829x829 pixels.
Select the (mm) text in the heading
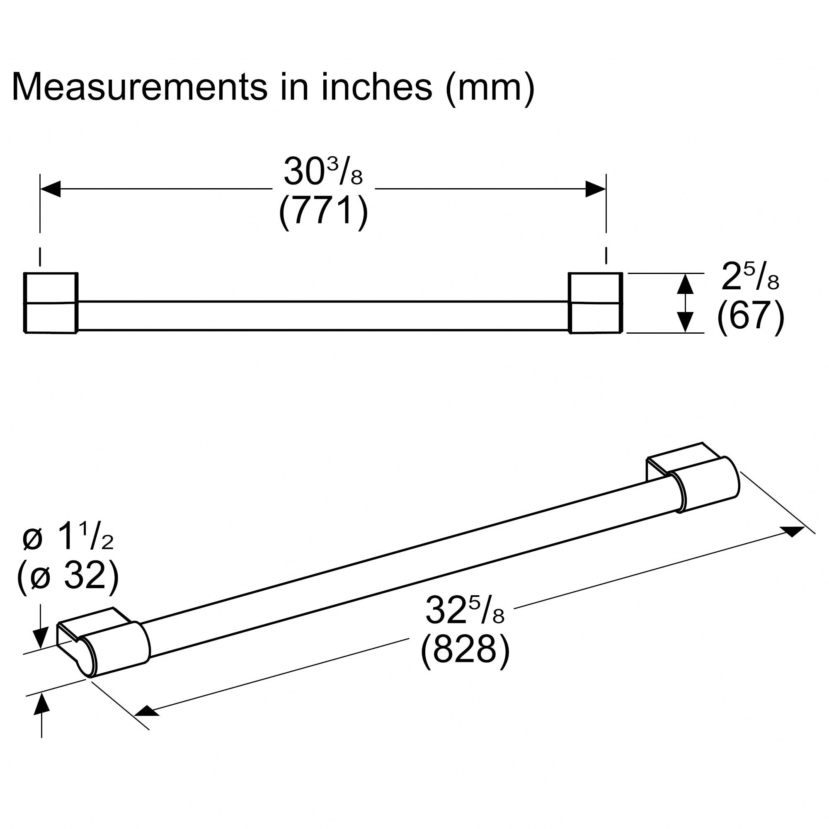[x=490, y=89]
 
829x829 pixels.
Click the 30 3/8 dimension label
[x=323, y=172]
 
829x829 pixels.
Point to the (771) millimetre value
[x=323, y=211]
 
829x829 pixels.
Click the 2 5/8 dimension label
[x=750, y=277]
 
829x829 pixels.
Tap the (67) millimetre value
[x=751, y=316]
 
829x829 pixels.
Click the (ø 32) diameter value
[x=68, y=576]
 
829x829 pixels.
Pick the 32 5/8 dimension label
[x=465, y=611]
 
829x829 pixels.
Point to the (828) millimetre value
[x=465, y=650]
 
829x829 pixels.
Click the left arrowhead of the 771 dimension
[x=50, y=189]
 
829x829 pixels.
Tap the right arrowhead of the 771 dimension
[x=596, y=189]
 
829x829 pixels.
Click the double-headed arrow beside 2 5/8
[x=685, y=303]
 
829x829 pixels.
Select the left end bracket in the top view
[x=51, y=303]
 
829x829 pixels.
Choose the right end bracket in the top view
[x=596, y=303]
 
